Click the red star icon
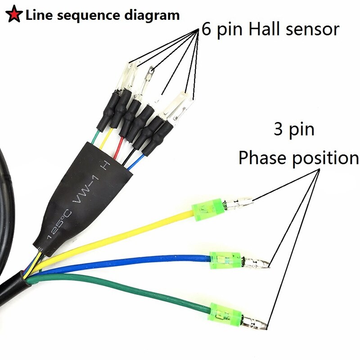(x=13, y=15)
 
